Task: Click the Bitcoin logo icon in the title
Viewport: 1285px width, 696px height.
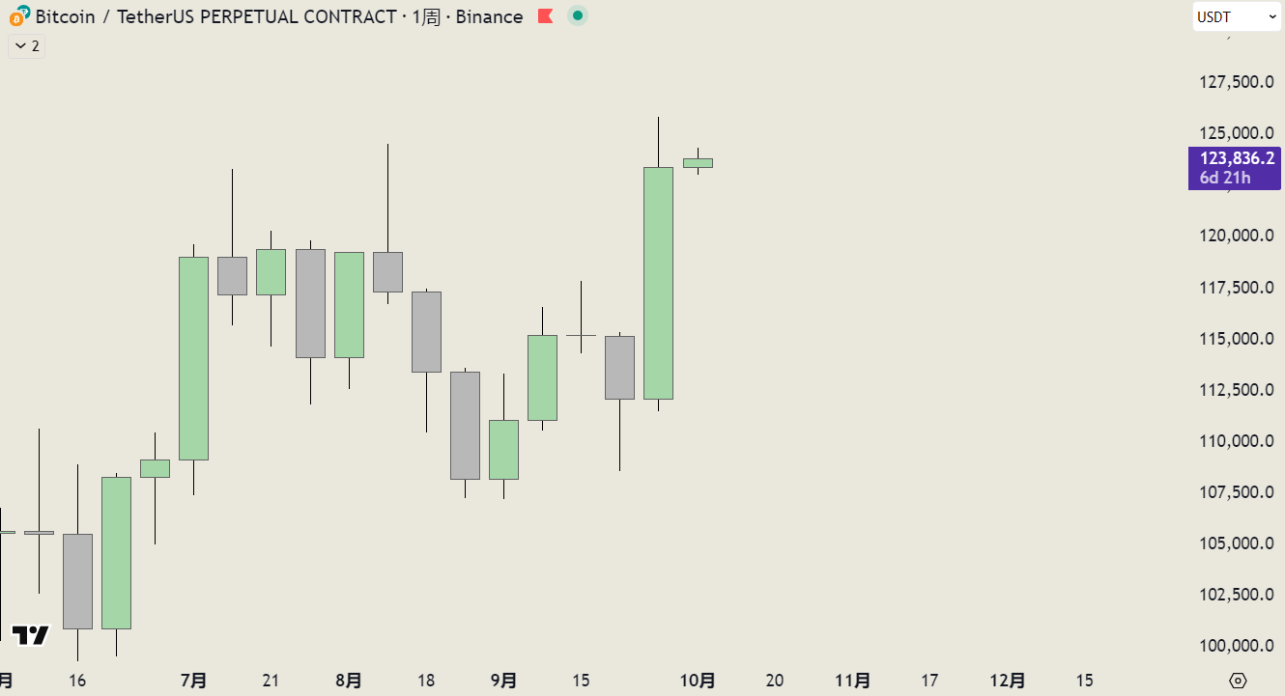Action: coord(18,16)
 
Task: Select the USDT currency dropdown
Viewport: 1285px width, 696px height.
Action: coord(1236,16)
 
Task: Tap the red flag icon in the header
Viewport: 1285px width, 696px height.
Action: coord(545,16)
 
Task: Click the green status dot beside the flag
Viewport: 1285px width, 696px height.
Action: coord(578,16)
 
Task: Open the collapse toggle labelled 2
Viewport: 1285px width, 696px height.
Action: coord(27,45)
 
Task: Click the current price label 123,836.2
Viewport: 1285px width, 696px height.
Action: coord(1236,159)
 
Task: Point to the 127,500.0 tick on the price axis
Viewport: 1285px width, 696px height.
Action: coord(1236,82)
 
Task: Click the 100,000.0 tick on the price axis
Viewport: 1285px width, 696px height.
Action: coord(1236,646)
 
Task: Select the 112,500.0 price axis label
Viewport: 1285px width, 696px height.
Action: coord(1236,390)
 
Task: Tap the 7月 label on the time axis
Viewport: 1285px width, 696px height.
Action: coord(193,681)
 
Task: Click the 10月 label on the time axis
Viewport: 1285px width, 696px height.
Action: coord(698,681)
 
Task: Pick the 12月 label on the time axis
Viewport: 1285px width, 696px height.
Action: coord(1008,681)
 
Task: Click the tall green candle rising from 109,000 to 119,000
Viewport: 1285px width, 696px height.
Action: coord(193,358)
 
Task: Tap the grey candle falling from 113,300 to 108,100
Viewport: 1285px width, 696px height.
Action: coord(465,426)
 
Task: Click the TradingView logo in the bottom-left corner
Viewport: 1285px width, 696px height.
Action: coord(30,635)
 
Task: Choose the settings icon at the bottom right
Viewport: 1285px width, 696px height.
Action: coord(1240,681)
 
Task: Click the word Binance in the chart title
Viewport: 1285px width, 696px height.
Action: coord(489,16)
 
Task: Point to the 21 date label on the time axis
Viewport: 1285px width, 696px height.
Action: coord(271,681)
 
